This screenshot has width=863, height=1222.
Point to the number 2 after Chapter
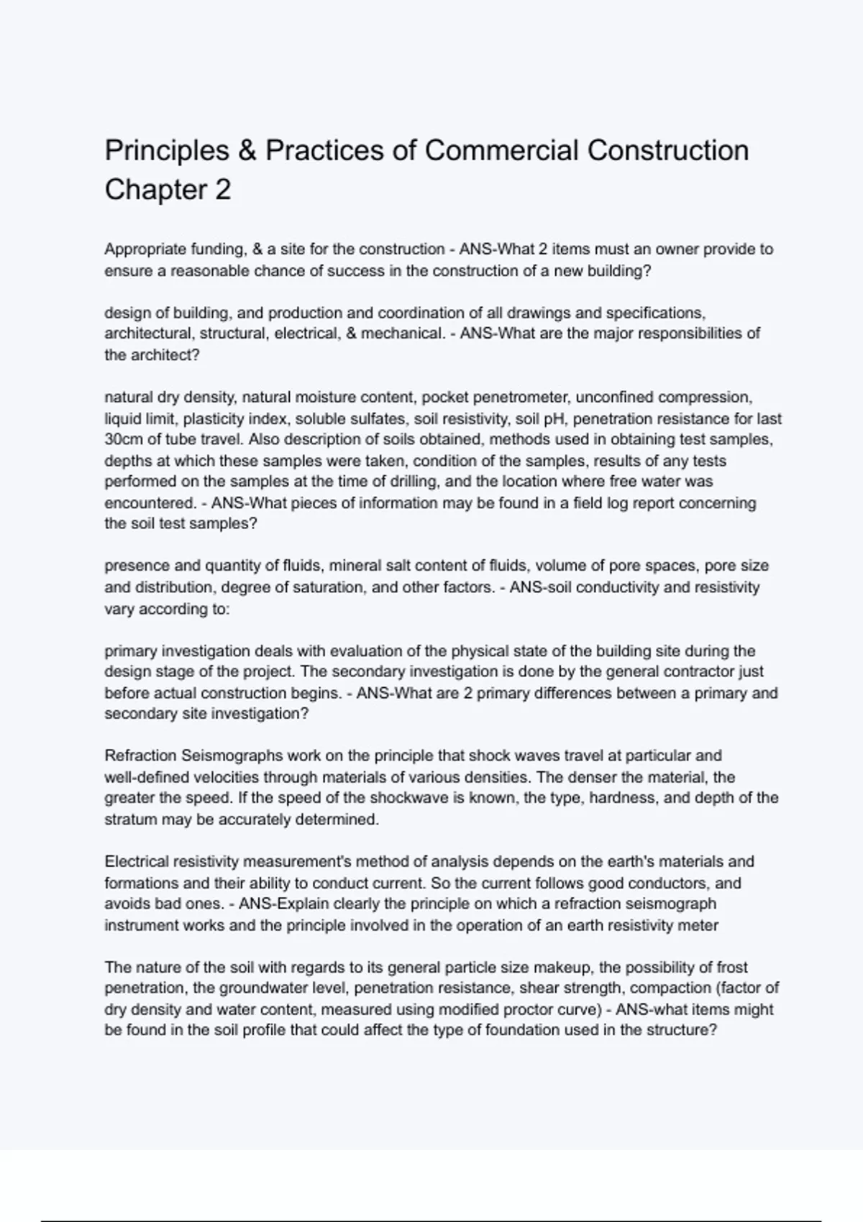coord(222,190)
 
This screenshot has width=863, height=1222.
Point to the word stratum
coord(130,819)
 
